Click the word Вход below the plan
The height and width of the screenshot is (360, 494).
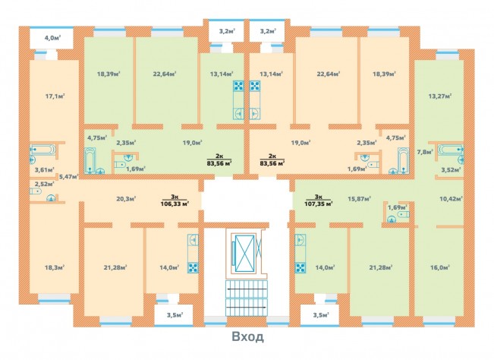click(247, 336)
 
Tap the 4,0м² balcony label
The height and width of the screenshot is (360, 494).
click(52, 38)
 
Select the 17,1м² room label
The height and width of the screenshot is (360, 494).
click(55, 96)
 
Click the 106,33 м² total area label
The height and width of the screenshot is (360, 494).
click(175, 204)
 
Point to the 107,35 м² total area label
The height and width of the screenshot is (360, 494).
click(319, 204)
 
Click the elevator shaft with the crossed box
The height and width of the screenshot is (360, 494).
click(245, 251)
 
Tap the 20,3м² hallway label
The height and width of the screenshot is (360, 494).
click(126, 199)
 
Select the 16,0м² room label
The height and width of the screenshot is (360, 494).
click(440, 267)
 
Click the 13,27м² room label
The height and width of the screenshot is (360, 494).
click(440, 96)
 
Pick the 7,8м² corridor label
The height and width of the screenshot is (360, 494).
click(425, 152)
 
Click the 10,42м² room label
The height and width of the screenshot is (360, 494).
click(451, 199)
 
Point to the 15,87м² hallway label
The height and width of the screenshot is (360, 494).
click(359, 199)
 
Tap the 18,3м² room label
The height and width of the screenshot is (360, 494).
click(55, 267)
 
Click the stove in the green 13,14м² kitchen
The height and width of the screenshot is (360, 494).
click(238, 86)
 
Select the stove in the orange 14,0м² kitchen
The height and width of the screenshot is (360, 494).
click(193, 267)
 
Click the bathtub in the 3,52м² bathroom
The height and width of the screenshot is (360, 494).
click(450, 150)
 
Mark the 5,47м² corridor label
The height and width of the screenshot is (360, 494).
click(69, 177)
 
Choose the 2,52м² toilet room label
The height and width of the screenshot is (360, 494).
click(45, 184)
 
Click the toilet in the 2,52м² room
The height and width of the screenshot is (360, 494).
click(36, 191)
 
